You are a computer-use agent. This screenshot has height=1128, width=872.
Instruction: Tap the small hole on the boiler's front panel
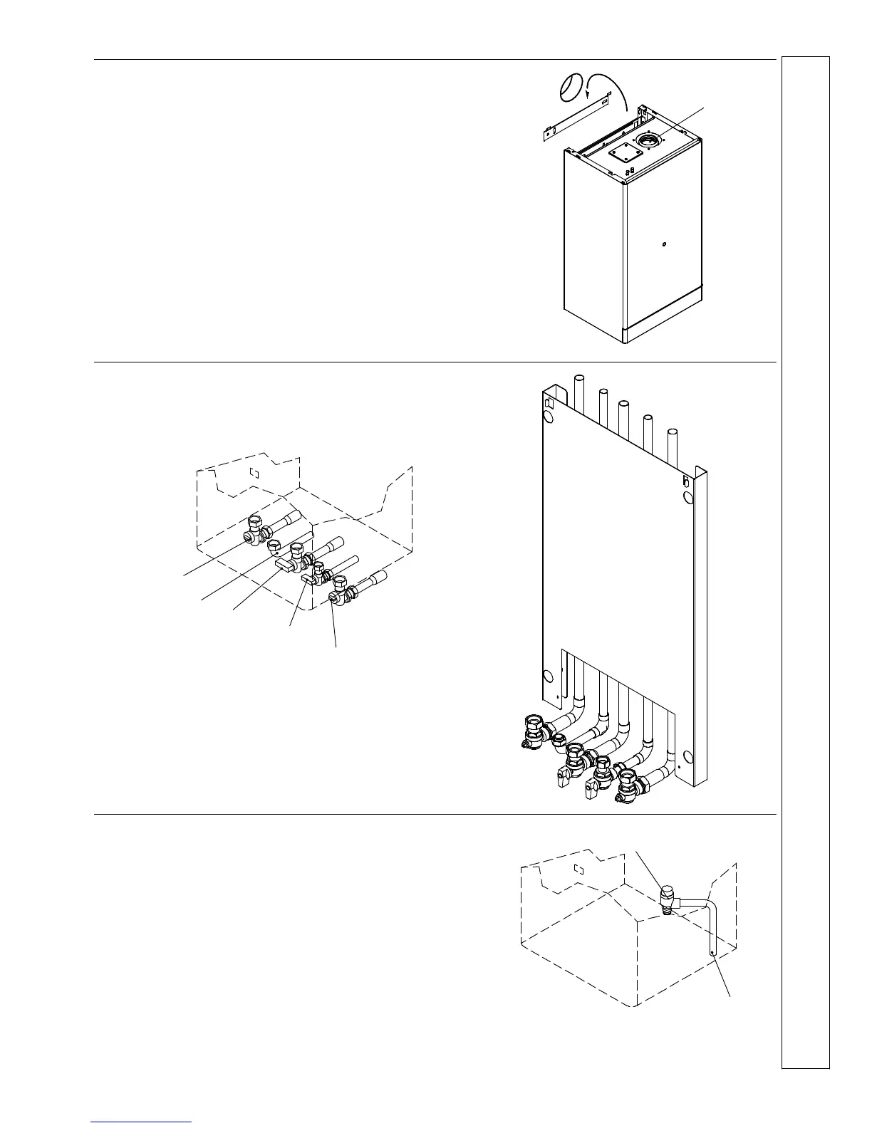point(663,245)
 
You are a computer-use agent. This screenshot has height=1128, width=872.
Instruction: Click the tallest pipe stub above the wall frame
point(578,388)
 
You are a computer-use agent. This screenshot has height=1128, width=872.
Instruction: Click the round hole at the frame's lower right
point(687,757)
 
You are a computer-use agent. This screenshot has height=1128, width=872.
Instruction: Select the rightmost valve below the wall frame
point(628,787)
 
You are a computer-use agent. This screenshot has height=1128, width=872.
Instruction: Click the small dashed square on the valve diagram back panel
point(254,471)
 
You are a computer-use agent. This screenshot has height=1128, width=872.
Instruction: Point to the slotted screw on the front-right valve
point(333,597)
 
